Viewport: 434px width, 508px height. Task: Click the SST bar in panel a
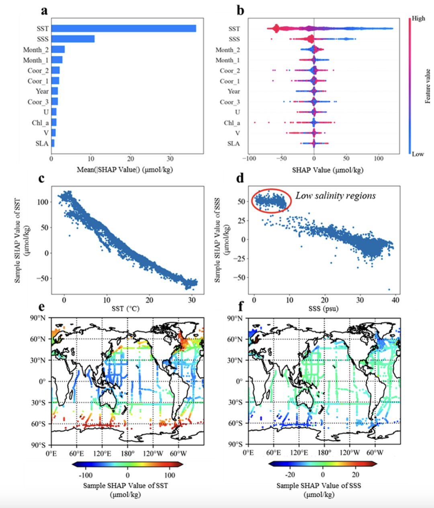click(x=123, y=29)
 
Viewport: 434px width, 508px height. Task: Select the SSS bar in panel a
click(x=73, y=39)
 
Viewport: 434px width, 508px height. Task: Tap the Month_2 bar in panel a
click(x=58, y=49)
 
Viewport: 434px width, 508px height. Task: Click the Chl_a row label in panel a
click(x=40, y=122)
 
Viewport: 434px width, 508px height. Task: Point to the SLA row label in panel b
click(x=233, y=143)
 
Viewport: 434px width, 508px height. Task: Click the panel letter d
click(x=240, y=177)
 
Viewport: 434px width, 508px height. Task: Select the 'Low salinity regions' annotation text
click(x=336, y=196)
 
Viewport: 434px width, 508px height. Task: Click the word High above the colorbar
click(x=418, y=18)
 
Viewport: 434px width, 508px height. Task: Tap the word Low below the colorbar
click(x=418, y=154)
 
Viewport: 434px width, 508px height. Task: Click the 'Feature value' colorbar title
click(x=428, y=86)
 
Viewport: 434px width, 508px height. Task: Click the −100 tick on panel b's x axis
click(x=248, y=159)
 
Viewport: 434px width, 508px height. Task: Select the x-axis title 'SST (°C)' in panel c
click(x=128, y=309)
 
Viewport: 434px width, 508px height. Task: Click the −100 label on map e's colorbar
click(x=86, y=475)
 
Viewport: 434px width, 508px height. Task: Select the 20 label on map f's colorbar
click(x=356, y=475)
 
